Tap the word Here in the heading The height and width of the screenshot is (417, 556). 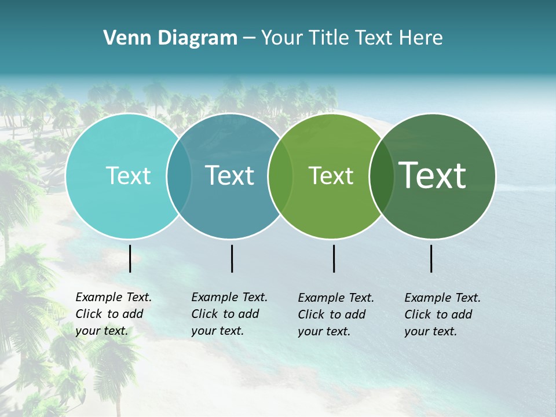click(x=421, y=38)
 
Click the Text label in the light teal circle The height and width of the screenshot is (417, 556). click(x=128, y=175)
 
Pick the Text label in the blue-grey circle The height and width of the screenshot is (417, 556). click(x=230, y=175)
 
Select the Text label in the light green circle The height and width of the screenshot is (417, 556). click(x=331, y=175)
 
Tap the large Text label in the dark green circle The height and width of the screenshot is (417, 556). click(x=433, y=175)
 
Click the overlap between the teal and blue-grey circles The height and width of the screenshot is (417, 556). click(x=180, y=175)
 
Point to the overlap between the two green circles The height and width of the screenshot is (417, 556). click(x=382, y=175)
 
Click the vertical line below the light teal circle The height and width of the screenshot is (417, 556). click(x=130, y=258)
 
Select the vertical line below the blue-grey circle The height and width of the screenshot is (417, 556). click(x=232, y=258)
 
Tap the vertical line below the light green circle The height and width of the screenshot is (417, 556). click(x=334, y=258)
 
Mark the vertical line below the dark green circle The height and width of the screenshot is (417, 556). click(x=431, y=258)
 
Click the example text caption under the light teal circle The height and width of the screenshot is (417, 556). click(x=114, y=314)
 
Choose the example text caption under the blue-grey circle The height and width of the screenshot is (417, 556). click(x=229, y=314)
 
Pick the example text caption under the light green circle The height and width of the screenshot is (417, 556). click(x=336, y=314)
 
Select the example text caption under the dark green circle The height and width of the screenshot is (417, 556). click(x=442, y=314)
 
